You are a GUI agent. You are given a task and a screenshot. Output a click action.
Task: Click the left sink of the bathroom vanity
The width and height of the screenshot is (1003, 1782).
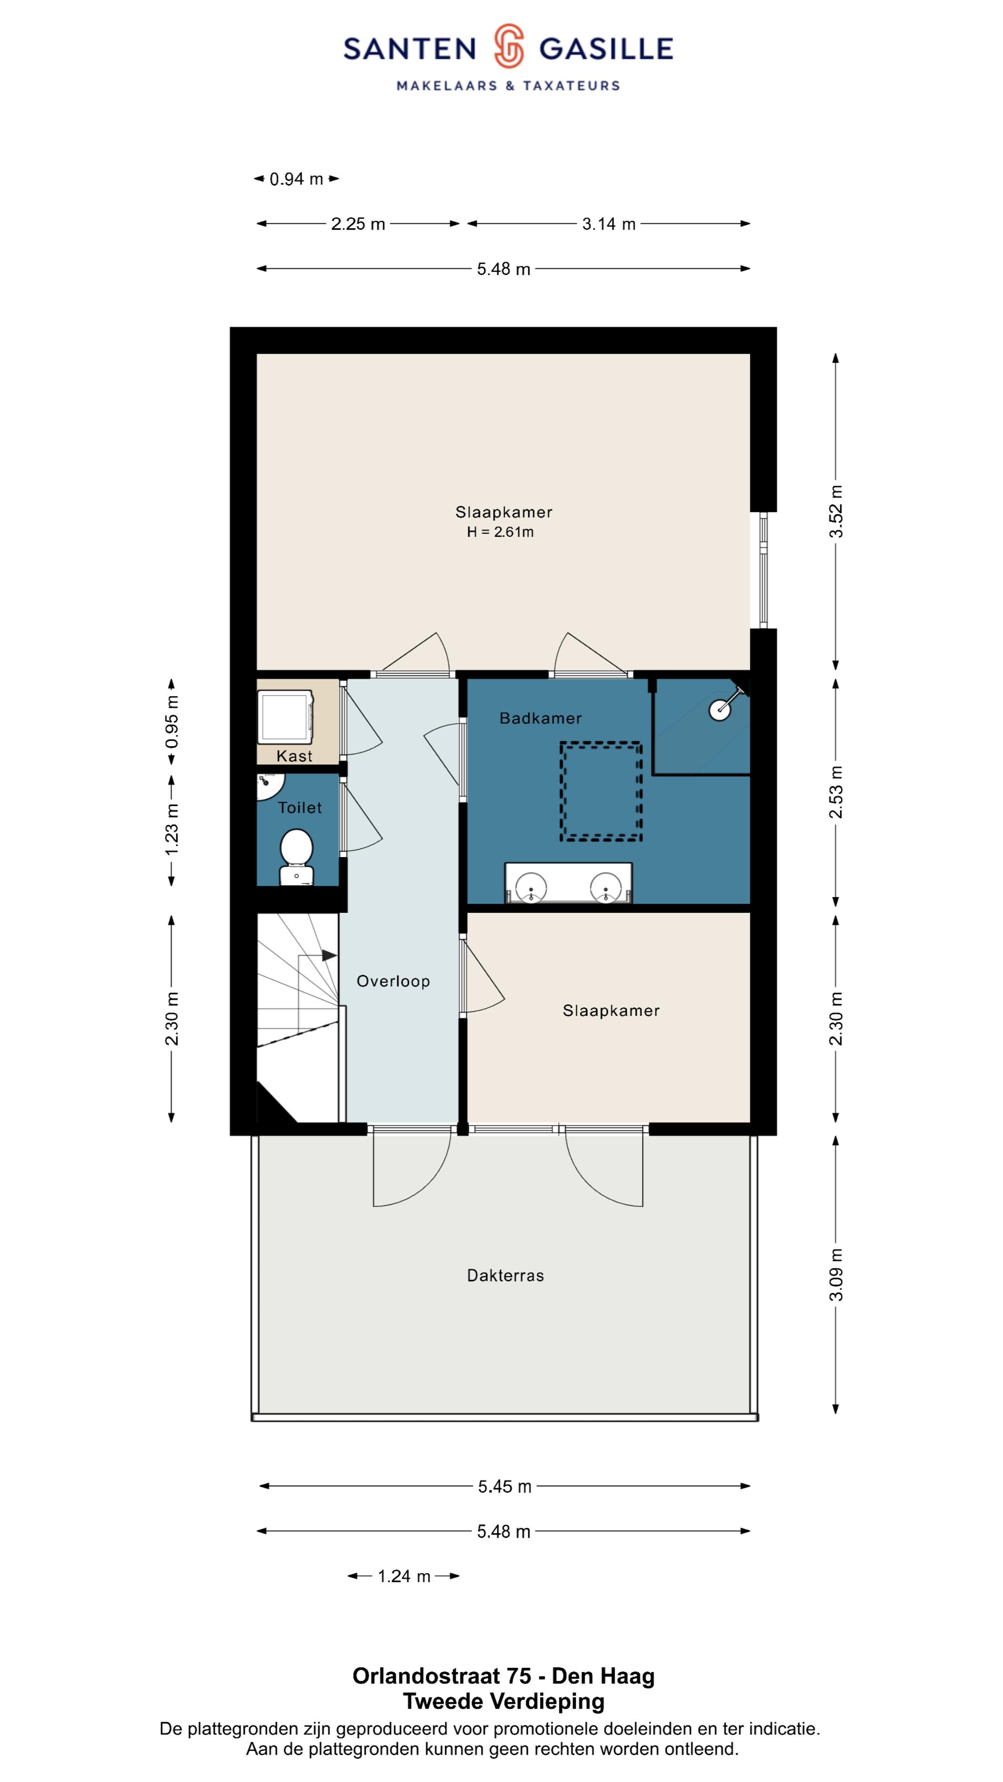click(x=531, y=887)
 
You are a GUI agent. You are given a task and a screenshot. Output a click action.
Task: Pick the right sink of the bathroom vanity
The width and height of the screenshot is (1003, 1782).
click(x=606, y=887)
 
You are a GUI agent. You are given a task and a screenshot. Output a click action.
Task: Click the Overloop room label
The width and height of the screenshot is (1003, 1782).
click(x=393, y=981)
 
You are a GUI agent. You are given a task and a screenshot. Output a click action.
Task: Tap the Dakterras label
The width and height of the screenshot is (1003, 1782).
click(x=505, y=1275)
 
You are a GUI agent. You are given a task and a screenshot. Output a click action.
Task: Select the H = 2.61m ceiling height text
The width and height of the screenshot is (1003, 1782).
click(x=500, y=532)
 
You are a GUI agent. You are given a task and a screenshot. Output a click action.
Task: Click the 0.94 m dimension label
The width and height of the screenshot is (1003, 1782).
click(x=296, y=179)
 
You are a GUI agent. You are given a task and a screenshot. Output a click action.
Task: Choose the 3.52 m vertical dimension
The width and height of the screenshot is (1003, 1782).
click(x=836, y=511)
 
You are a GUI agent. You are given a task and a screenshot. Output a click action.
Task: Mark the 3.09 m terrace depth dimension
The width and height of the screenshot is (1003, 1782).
click(x=836, y=1275)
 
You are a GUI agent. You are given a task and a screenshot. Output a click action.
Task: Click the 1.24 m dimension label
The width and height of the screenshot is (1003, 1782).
click(x=404, y=1576)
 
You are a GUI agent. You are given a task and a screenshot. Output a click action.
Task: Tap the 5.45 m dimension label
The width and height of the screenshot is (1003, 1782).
click(x=505, y=1486)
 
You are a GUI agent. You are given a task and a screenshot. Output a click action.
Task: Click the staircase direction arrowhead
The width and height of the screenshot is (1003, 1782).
click(x=330, y=956)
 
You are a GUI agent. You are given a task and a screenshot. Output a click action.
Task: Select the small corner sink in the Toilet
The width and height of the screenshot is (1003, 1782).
click(x=268, y=785)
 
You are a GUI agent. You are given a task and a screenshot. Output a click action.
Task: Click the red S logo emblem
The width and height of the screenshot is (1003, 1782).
click(x=509, y=46)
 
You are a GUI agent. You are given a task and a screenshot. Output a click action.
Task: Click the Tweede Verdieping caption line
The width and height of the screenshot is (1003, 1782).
click(x=504, y=1701)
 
